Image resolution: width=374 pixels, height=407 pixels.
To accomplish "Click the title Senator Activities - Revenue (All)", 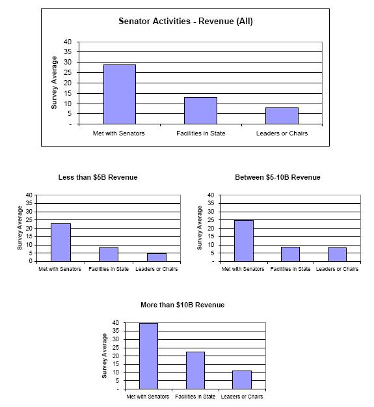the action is pos(185,21).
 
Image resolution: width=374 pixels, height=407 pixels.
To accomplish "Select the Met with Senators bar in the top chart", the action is pos(120,94).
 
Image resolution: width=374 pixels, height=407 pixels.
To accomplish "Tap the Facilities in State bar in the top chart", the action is pos(200,111).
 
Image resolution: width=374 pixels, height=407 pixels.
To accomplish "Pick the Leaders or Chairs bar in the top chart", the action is pos(282,116).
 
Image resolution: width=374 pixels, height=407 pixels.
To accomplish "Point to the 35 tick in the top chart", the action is pos(68,51).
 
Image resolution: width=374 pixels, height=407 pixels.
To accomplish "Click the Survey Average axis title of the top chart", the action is pos(54,83).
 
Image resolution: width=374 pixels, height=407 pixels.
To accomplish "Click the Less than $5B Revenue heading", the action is pos(98,177).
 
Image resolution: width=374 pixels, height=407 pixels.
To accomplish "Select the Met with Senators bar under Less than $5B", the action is pos(60,242).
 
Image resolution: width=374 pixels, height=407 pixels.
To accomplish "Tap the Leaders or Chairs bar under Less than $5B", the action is pos(157,257).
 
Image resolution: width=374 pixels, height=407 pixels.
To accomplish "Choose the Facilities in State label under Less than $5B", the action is pos(109,269).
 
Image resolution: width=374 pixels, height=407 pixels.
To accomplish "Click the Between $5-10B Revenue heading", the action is pos(278,177).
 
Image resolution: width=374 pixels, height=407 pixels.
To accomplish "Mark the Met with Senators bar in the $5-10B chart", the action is pos(244,240).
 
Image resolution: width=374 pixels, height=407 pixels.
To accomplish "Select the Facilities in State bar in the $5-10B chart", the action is pos(290,254).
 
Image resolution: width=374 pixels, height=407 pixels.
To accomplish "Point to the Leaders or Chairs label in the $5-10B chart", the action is pos(337,269).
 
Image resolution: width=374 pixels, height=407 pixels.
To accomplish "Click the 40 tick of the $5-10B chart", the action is pos(211,195).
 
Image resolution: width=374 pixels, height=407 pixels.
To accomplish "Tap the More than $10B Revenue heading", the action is pos(183,305).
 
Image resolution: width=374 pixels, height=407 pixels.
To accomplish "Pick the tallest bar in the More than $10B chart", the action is pos(148,356).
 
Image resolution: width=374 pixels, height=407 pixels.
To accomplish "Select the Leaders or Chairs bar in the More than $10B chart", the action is pos(242,380).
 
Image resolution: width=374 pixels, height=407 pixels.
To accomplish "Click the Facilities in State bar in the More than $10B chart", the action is pos(195,371).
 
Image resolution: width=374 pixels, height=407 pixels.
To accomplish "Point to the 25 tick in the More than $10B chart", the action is pos(116,348).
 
